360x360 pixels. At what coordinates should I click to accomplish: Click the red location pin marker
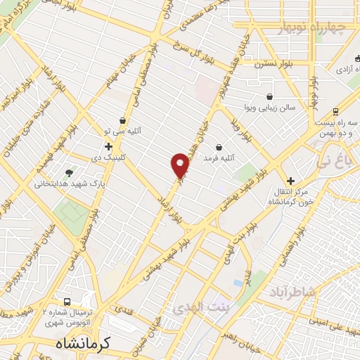(180, 165)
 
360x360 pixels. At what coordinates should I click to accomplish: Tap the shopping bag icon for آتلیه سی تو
(124, 120)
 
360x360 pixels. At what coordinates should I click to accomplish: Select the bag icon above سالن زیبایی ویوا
(269, 97)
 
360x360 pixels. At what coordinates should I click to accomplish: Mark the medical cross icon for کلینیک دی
(108, 146)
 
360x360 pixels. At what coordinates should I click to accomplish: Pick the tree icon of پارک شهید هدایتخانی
(69, 172)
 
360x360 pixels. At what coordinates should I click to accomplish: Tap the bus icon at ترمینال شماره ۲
(68, 300)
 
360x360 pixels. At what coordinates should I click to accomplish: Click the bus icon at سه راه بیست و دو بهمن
(336, 111)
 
